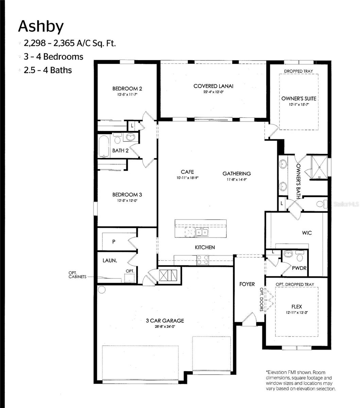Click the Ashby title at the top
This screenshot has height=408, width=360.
[x=41, y=27]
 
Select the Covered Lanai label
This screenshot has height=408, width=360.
[x=213, y=86]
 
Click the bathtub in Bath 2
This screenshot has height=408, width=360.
[x=104, y=146]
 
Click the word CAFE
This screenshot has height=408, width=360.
[x=187, y=172]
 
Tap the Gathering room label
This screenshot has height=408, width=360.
[x=237, y=173]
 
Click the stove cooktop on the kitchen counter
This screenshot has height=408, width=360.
[x=203, y=260]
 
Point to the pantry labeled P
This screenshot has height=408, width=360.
[x=114, y=242]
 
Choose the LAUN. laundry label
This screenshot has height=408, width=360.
[x=110, y=261]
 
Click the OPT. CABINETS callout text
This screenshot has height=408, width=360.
[x=75, y=275]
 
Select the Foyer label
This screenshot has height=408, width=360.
[x=247, y=284]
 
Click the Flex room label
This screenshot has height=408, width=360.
[x=296, y=306]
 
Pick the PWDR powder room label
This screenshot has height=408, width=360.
[x=299, y=268]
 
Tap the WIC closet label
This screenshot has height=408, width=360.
[x=307, y=233]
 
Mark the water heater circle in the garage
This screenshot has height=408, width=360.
[x=101, y=289]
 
